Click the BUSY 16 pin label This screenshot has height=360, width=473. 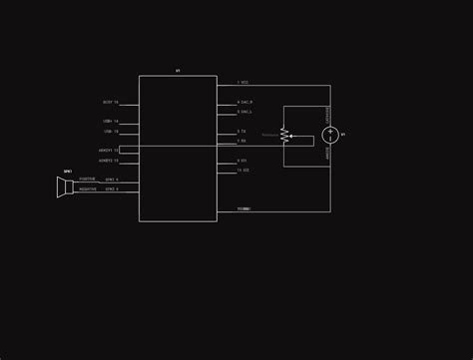pos(110,102)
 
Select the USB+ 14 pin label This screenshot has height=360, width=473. pos(110,122)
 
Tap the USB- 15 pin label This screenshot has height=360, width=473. pos(110,132)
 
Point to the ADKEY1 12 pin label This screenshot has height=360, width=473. pos(108,151)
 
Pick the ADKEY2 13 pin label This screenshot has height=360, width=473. pos(108,161)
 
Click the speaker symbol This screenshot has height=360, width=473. pos(66,186)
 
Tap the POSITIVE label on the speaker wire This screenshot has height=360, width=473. pos(88,180)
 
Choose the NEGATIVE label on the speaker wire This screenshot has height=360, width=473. pos(88,188)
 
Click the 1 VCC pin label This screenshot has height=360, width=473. pos(243,82)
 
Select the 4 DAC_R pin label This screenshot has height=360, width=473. pos(245,102)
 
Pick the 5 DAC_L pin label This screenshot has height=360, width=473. pos(245,112)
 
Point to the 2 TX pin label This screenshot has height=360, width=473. pos(241,131)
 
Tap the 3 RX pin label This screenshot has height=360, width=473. pos(241,141)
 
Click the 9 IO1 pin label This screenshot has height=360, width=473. pos(241,161)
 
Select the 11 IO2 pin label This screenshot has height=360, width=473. pos(242,170)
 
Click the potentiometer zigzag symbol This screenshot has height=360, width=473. pos(284,135)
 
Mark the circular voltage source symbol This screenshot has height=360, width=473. pos(330,135)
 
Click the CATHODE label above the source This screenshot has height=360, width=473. pos(328,116)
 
